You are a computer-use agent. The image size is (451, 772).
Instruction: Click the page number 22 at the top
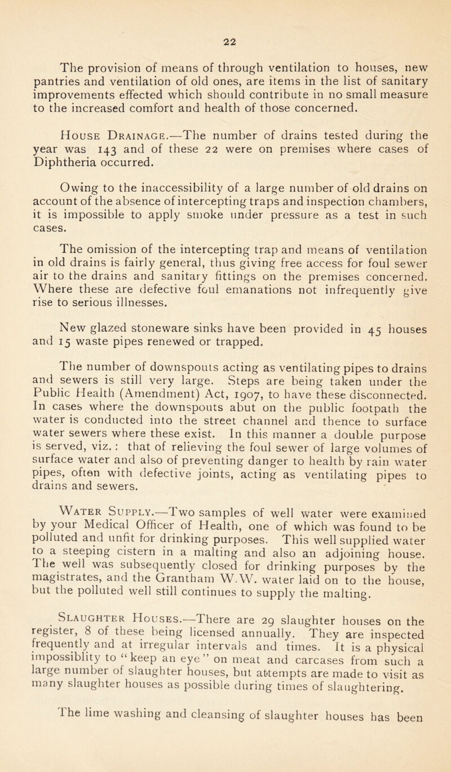225,12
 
